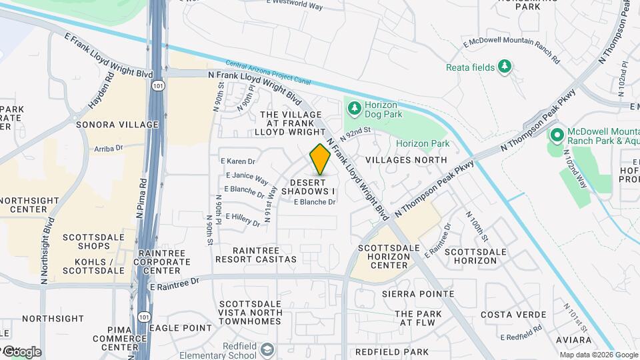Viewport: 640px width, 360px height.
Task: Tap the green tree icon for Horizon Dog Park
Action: click(353, 107)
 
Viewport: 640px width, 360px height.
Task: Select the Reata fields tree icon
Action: click(505, 66)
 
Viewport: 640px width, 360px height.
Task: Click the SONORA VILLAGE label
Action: click(117, 125)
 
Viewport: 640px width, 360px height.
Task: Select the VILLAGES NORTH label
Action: click(406, 160)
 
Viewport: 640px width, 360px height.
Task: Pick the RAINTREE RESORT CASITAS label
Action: click(255, 254)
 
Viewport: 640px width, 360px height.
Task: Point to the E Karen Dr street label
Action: click(238, 161)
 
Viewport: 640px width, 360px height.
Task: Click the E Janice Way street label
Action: click(247, 178)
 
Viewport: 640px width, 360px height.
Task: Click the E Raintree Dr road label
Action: click(175, 283)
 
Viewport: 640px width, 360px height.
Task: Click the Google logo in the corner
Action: click(21, 351)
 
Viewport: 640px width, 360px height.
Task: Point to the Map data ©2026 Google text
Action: click(598, 355)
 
